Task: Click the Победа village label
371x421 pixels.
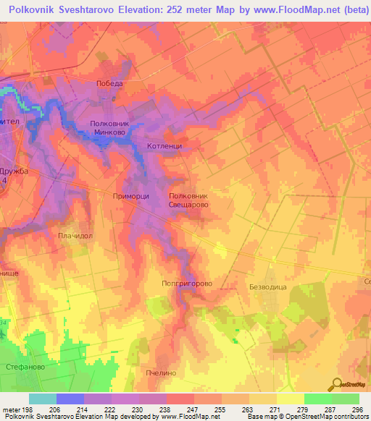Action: point(110,84)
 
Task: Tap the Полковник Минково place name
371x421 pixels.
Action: point(108,129)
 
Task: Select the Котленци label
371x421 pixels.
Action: point(164,145)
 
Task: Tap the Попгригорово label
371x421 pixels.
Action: point(187,284)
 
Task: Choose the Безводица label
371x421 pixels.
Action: point(268,287)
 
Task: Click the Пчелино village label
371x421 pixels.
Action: point(161,373)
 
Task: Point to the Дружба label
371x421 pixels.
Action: point(13,171)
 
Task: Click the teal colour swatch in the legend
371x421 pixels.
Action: point(42,399)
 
